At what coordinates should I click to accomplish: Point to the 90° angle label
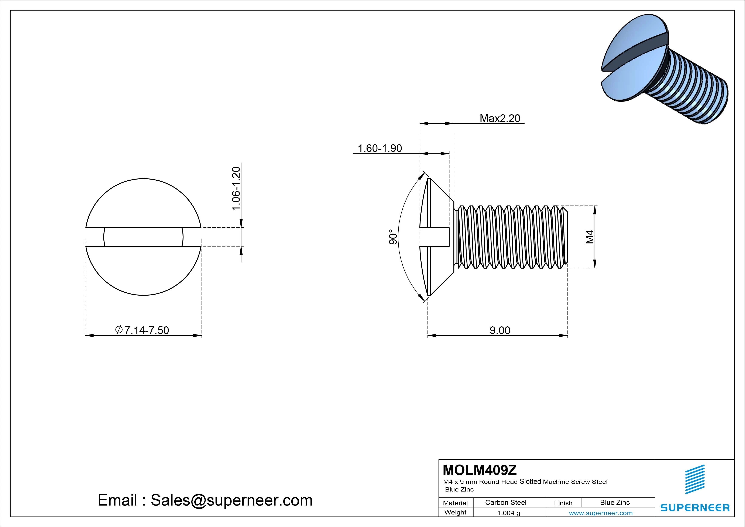point(393,237)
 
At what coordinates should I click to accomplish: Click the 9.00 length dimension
point(500,330)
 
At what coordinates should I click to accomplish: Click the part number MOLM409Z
point(480,470)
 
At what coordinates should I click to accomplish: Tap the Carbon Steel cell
point(505,502)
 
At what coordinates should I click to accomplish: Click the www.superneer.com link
point(601,513)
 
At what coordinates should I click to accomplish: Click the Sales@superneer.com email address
point(231,500)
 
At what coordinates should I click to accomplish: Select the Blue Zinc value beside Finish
point(615,502)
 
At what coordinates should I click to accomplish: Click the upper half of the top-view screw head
point(143,205)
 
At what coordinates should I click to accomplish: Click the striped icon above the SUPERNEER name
point(695,479)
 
